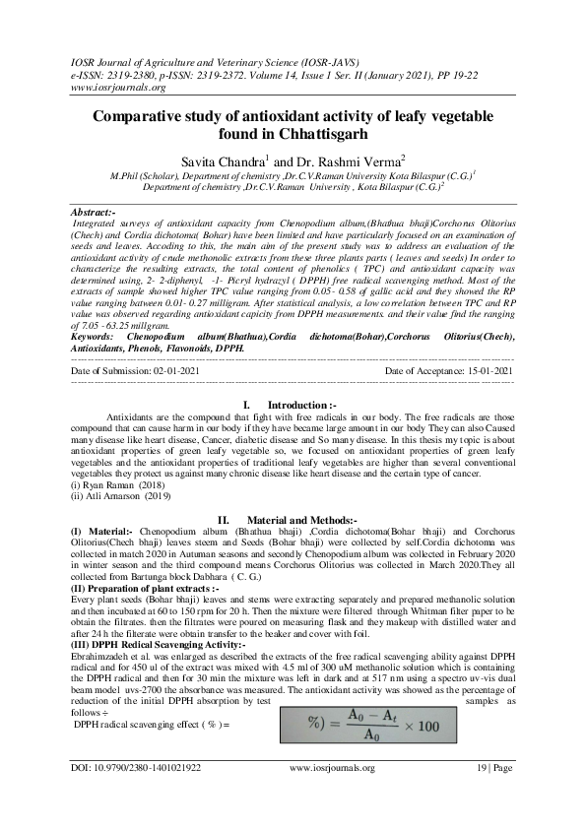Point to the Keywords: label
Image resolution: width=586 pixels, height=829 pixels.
pos(99,337)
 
